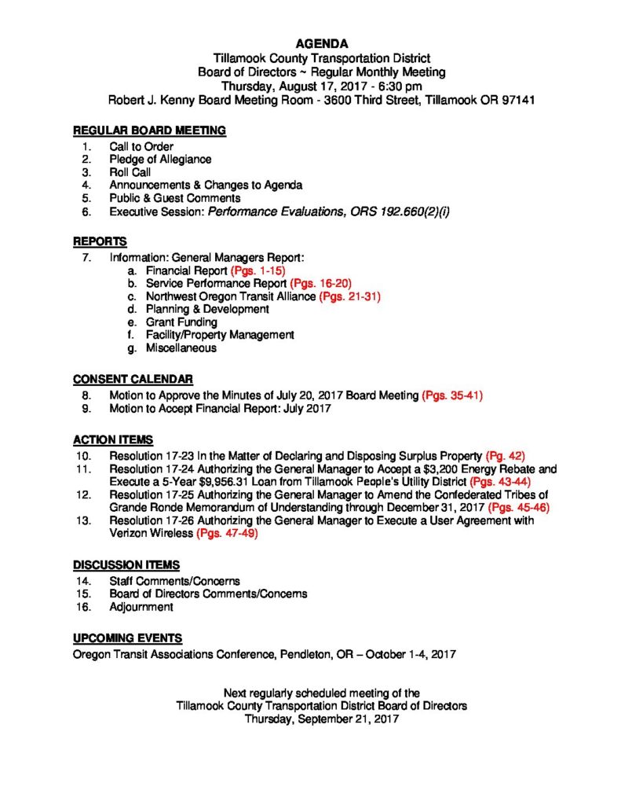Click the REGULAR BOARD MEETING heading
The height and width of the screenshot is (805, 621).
(149, 130)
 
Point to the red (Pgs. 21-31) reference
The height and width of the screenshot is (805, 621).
(350, 296)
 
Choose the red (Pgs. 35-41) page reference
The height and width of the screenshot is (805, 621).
(452, 395)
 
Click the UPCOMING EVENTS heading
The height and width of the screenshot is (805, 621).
(128, 638)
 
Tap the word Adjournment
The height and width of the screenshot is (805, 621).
(142, 607)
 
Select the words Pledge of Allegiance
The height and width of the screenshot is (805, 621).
(160, 160)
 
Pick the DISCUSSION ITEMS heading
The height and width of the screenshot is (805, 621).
(126, 564)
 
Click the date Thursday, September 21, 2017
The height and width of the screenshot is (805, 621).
(322, 719)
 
